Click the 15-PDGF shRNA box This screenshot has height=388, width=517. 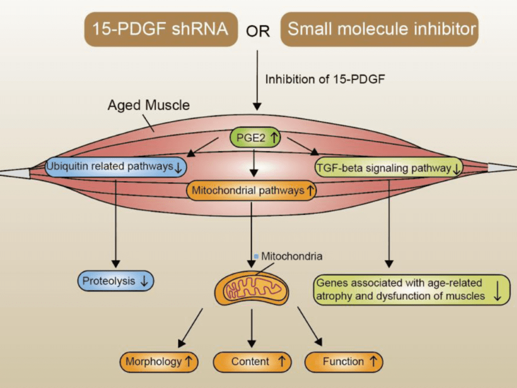pos(160,29)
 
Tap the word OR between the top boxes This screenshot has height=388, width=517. pos(258,31)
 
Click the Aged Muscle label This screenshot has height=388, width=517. pos(148,105)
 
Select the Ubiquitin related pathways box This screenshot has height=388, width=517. pos(115,167)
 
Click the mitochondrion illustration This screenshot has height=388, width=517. pos(252,290)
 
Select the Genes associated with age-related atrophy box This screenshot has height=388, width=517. pos(411,290)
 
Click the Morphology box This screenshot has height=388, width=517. pos(159,361)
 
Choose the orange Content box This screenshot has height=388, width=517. pos(251,361)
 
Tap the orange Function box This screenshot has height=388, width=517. pos(343,361)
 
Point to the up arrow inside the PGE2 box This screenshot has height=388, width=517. pos(274,138)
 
